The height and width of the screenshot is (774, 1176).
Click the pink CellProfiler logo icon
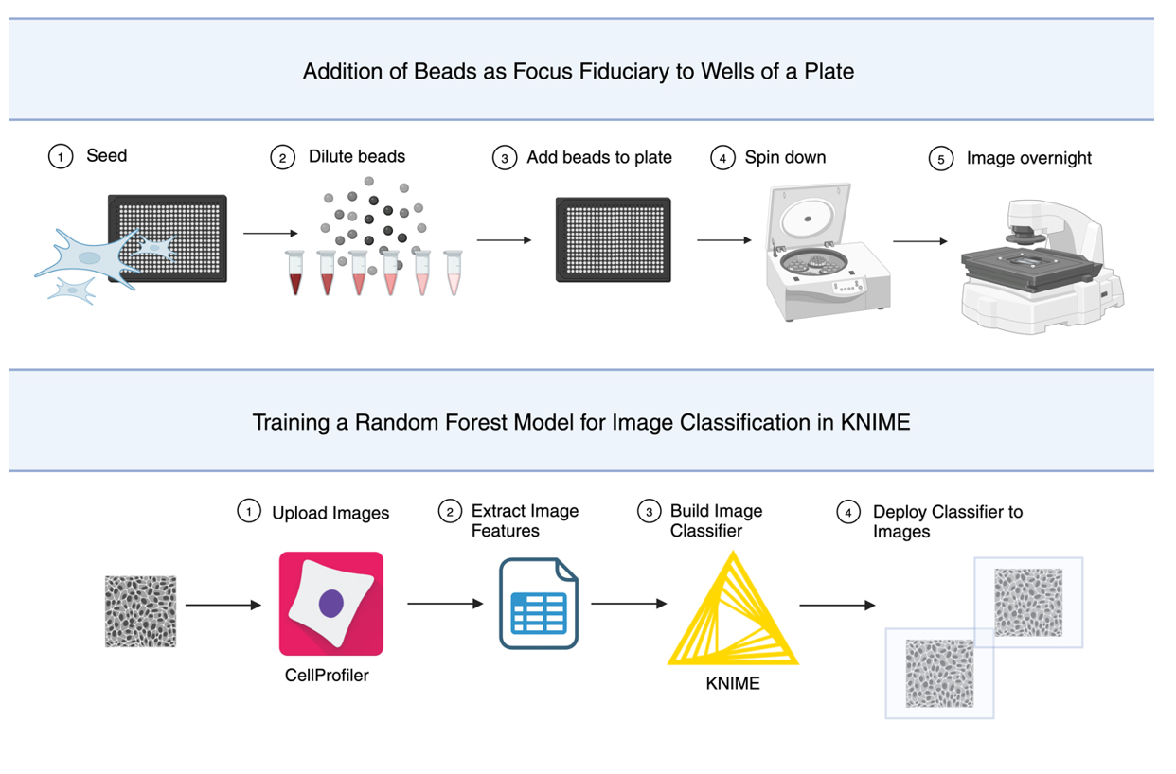[330, 604]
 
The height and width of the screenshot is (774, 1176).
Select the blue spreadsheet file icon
[539, 604]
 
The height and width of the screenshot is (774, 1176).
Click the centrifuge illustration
[827, 252]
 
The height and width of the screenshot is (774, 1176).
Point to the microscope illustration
[1042, 267]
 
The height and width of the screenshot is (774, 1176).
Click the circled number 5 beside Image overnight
[941, 158]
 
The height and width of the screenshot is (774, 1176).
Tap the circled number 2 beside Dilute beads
[282, 157]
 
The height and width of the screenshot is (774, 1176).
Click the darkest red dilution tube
[295, 273]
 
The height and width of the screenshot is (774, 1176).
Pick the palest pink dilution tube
[454, 273]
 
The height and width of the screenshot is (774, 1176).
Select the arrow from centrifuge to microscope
[919, 241]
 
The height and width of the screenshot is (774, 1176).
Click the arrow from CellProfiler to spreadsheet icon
[445, 604]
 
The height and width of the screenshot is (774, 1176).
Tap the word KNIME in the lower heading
[875, 422]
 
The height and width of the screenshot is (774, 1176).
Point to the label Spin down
[785, 157]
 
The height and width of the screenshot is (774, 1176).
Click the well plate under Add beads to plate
[614, 239]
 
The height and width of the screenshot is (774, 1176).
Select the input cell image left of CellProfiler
[141, 611]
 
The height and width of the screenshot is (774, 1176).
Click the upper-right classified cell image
[1028, 603]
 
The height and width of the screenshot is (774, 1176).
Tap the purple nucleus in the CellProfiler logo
[331, 603]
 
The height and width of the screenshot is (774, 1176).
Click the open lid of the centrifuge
[809, 215]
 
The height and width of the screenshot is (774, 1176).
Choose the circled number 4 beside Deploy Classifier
[848, 512]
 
